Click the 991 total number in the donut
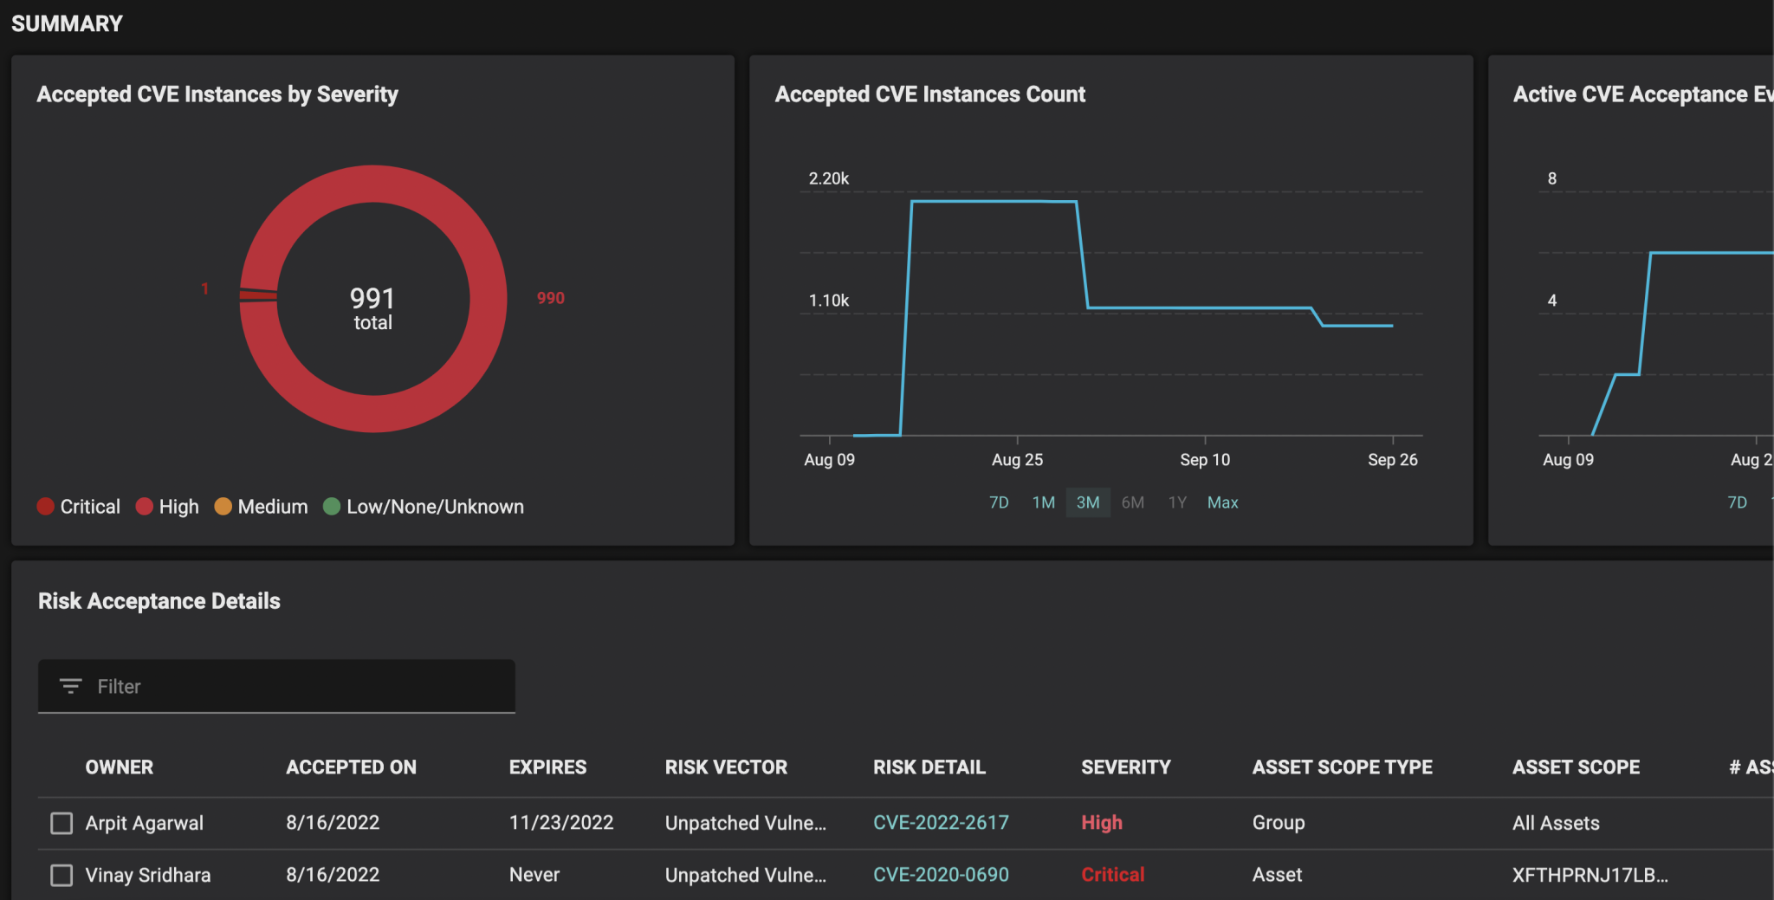pyautogui.click(x=372, y=299)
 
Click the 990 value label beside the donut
pyautogui.click(x=550, y=298)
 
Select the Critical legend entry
pyautogui.click(x=79, y=507)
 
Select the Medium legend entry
pyautogui.click(x=261, y=507)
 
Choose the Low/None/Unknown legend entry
pyautogui.click(x=424, y=507)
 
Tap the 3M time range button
pyautogui.click(x=1088, y=502)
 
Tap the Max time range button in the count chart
pyautogui.click(x=1222, y=502)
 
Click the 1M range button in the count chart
pyautogui.click(x=1043, y=502)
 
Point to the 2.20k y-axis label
pyautogui.click(x=828, y=178)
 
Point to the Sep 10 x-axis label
pyautogui.click(x=1204, y=460)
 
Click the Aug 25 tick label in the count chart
pyautogui.click(x=1017, y=460)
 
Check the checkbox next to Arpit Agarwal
pyautogui.click(x=62, y=823)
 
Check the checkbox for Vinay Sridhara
pyautogui.click(x=62, y=875)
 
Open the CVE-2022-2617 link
pyautogui.click(x=941, y=823)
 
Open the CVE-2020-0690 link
pyautogui.click(x=941, y=875)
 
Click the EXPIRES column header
pyautogui.click(x=547, y=767)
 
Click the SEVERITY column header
pyautogui.click(x=1125, y=767)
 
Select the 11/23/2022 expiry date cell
pyautogui.click(x=561, y=823)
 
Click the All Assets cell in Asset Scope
pyautogui.click(x=1556, y=823)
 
